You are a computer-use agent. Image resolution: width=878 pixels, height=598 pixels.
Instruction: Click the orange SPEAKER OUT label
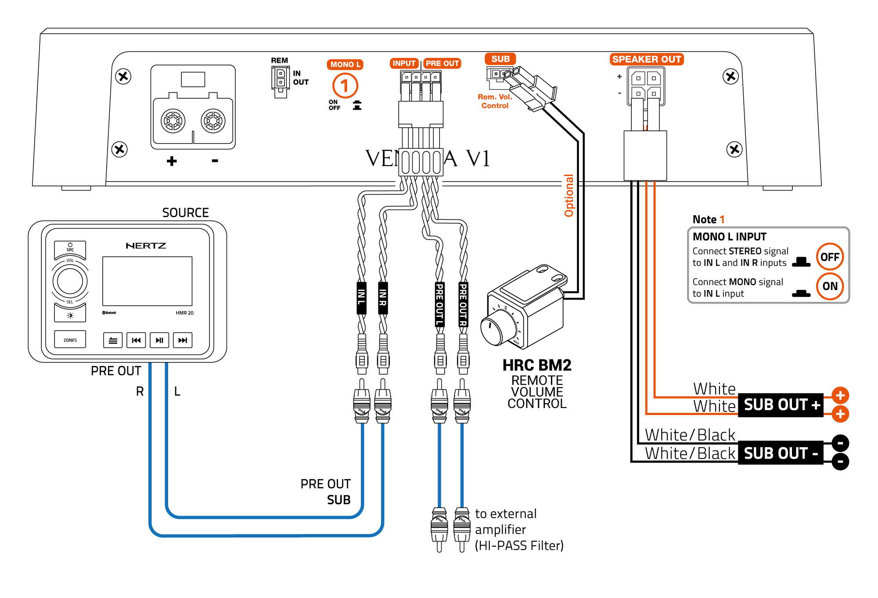pos(646,59)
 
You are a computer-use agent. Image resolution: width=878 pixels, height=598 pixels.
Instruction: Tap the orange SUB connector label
pos(500,59)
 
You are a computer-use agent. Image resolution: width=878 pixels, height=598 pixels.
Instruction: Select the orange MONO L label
pos(345,64)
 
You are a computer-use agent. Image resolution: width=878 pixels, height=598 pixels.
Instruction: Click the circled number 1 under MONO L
pos(345,86)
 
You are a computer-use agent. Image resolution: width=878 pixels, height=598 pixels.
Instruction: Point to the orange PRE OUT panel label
pos(442,64)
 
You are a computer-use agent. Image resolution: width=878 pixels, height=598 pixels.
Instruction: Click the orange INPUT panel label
pos(404,64)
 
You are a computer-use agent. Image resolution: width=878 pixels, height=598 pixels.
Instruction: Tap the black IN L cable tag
pos(361,297)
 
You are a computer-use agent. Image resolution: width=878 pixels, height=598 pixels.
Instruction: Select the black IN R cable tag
pos(383,297)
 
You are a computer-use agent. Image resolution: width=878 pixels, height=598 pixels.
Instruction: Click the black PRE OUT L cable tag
pos(439,304)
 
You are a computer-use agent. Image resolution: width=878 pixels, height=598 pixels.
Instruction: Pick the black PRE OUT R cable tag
pos(463,304)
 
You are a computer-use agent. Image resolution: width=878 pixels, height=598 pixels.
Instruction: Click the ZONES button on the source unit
pos(70,340)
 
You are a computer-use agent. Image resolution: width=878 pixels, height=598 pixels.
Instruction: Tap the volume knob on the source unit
pos(70,281)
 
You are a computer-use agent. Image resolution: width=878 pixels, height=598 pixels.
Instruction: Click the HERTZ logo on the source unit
pos(146,246)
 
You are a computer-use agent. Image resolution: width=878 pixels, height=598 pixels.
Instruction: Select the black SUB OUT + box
pos(781,405)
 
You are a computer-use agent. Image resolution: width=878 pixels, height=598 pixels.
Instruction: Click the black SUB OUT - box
pos(781,453)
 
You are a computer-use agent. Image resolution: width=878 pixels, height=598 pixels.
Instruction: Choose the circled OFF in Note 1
pos(830,257)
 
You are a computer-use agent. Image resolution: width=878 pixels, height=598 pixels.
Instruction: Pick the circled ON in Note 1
pos(830,286)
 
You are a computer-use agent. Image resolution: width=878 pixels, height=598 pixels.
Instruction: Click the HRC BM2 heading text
pos(537,365)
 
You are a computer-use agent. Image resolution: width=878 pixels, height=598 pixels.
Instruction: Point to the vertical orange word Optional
pos(569,196)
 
